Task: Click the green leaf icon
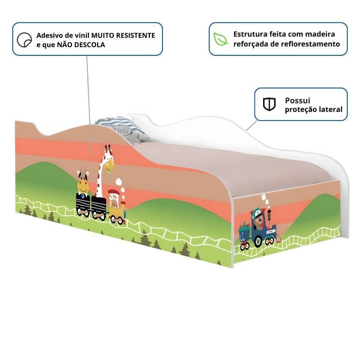[x=220, y=39]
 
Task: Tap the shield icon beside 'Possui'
[x=269, y=104]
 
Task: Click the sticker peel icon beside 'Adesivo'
[x=24, y=40]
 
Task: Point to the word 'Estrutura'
[x=249, y=34]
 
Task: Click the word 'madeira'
[x=320, y=34]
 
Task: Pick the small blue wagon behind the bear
[x=244, y=236]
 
